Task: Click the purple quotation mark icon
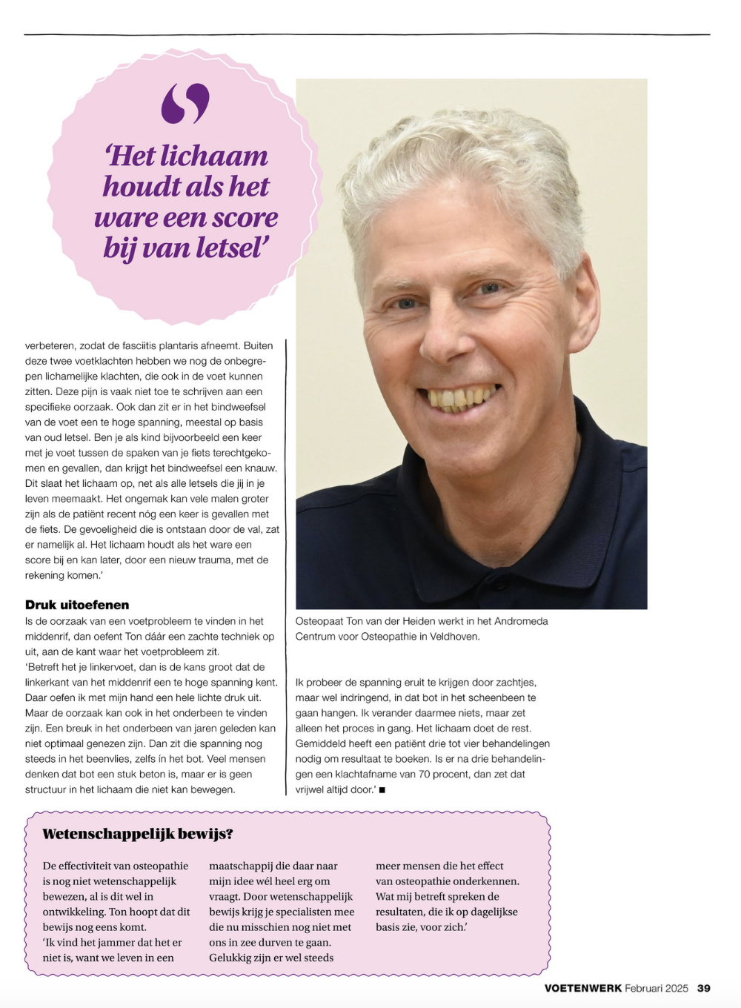185,103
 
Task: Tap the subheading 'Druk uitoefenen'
77,605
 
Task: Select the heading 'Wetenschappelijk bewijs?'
138,834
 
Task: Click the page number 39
704,988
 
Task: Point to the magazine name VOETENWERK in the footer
582,988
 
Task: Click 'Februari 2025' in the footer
657,988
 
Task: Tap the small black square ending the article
382,790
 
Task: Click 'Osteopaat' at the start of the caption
319,621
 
